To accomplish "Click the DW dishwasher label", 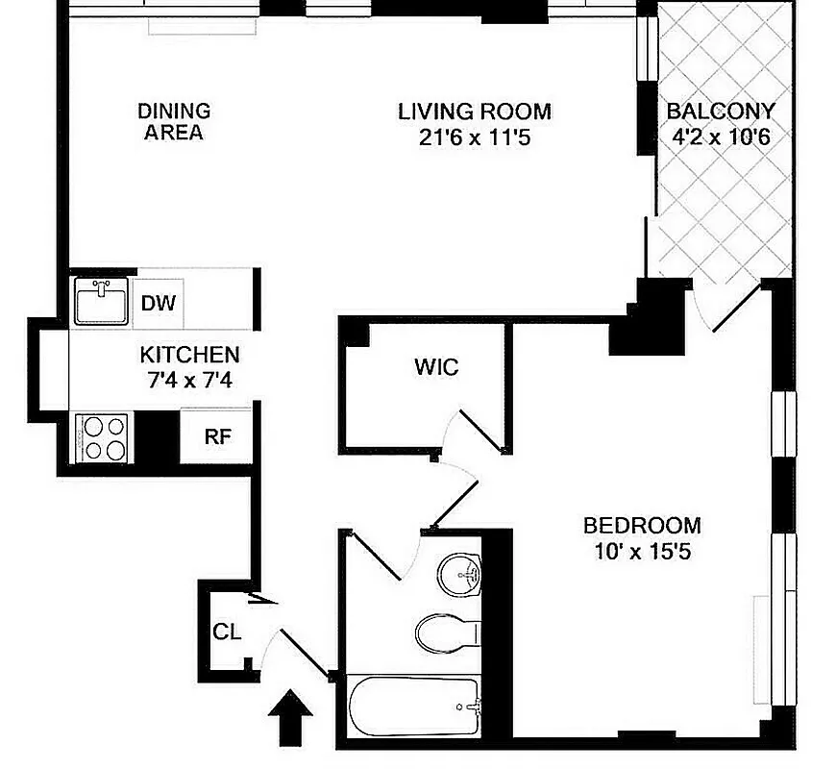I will (159, 304).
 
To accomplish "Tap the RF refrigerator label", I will (217, 435).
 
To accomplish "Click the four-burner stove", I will (102, 437).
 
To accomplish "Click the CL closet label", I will (226, 633).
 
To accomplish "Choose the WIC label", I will (435, 367).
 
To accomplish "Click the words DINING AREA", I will (174, 122).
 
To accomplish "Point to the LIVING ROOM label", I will (475, 111).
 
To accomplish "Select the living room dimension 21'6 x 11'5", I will (475, 137).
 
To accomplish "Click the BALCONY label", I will (721, 111).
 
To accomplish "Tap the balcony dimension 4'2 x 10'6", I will (721, 136).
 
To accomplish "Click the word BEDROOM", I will (642, 526).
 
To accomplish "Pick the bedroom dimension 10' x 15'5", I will (642, 553).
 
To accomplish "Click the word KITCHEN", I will (189, 354).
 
